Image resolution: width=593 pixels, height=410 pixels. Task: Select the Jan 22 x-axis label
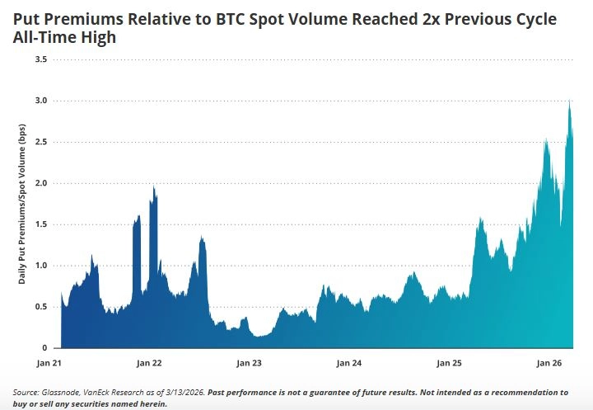149,363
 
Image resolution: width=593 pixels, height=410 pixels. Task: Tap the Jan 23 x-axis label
249,363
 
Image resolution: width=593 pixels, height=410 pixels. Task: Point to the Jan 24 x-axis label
349,363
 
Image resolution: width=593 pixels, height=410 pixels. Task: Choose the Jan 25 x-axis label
450,363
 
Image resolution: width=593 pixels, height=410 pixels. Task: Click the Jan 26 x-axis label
549,363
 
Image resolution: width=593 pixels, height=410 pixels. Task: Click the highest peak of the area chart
570,101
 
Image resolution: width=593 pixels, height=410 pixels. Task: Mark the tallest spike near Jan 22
154,187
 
